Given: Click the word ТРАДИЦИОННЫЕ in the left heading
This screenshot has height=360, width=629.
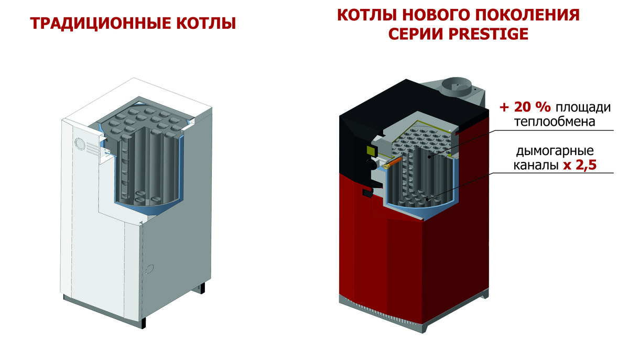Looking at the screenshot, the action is click(x=101, y=23).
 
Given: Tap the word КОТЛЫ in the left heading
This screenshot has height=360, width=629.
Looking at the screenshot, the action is click(x=206, y=23).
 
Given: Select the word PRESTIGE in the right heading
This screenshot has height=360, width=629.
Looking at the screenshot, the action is click(x=489, y=34).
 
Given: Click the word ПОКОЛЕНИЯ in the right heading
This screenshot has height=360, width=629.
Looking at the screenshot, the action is click(x=526, y=15).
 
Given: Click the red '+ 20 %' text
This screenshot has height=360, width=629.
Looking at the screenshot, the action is click(x=525, y=107).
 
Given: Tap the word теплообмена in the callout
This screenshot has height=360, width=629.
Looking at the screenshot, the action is click(x=555, y=122).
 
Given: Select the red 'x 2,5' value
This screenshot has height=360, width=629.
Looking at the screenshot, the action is click(x=580, y=165).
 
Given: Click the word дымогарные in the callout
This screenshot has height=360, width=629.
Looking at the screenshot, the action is click(x=555, y=151).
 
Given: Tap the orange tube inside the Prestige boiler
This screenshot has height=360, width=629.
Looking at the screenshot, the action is click(x=393, y=163).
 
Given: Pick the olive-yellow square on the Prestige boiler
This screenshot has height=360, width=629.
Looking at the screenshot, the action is click(x=372, y=150).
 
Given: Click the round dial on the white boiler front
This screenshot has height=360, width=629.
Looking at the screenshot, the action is click(x=80, y=144).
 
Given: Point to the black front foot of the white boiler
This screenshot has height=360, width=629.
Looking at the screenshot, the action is click(x=144, y=323).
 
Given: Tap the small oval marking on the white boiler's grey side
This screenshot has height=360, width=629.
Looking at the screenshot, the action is click(x=149, y=269).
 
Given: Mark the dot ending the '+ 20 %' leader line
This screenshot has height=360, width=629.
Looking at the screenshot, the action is click(x=429, y=157).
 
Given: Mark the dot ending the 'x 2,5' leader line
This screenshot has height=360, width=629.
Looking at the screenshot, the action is click(x=427, y=199).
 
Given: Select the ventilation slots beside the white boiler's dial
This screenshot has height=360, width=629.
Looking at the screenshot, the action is click(x=93, y=149).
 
